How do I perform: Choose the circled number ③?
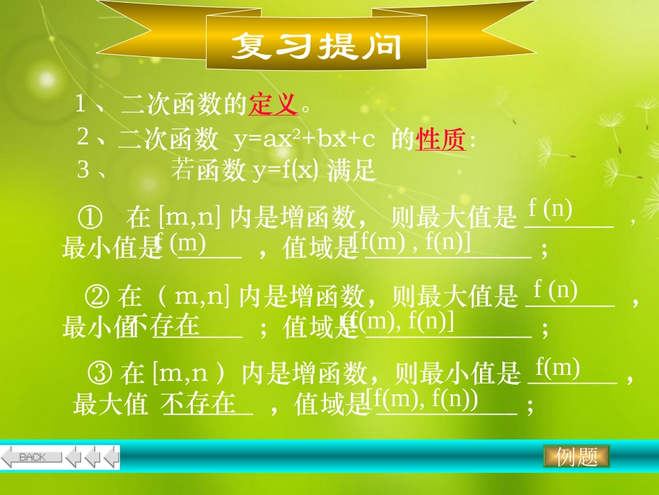(101, 374)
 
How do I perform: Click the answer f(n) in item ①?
(550, 208)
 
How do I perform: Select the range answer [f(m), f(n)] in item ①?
(412, 242)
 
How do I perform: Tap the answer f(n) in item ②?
(555, 289)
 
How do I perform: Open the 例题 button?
(576, 457)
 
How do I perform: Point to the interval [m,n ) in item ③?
(189, 375)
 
